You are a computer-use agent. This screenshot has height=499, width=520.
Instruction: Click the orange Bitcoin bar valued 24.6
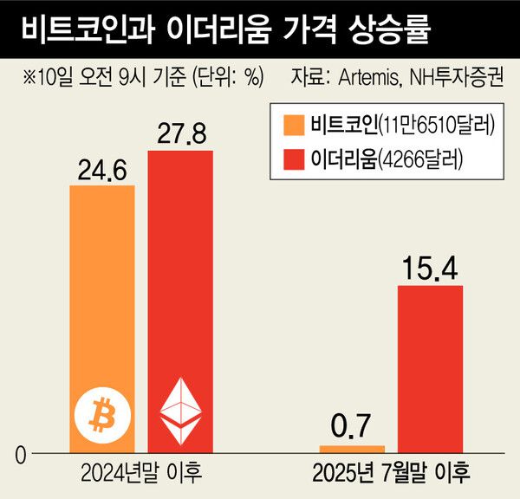[101, 286]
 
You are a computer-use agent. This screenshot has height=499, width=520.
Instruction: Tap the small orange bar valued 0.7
[352, 449]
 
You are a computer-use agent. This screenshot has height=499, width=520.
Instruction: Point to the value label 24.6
[101, 169]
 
